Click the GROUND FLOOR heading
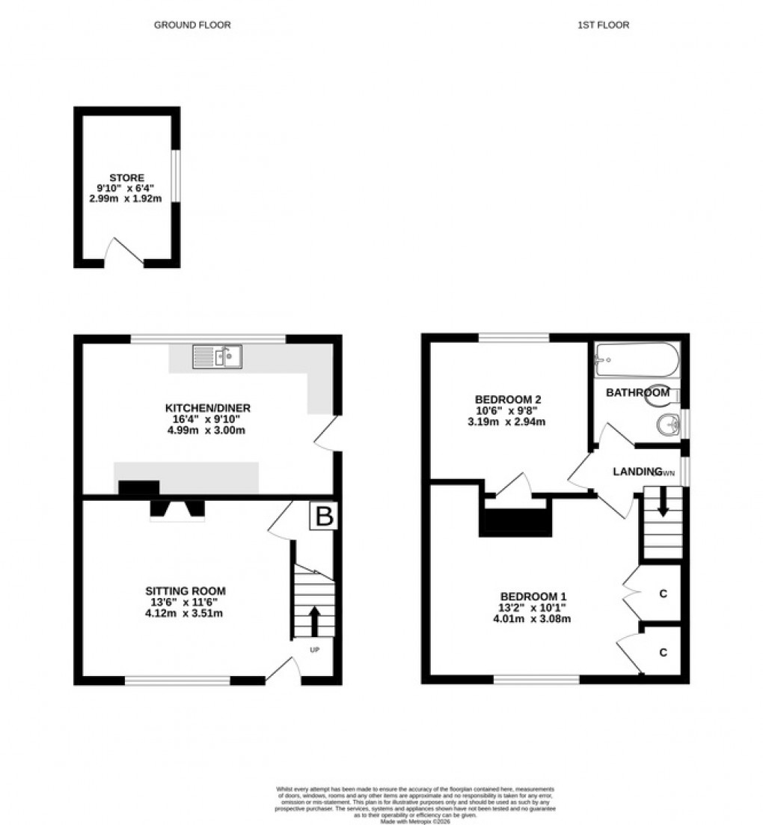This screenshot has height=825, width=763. [192, 25]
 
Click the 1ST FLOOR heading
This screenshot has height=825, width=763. [603, 25]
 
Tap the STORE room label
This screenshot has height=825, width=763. [126, 177]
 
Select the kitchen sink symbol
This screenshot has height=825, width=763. [217, 356]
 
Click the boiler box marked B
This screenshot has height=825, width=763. [325, 516]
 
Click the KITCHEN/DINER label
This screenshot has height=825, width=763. [207, 408]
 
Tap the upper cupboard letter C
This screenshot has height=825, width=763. [663, 594]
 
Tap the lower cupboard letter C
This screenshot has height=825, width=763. [663, 652]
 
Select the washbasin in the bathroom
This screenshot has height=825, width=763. [665, 426]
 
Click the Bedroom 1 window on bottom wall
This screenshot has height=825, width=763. [536, 680]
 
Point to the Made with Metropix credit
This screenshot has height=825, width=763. [415, 821]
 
